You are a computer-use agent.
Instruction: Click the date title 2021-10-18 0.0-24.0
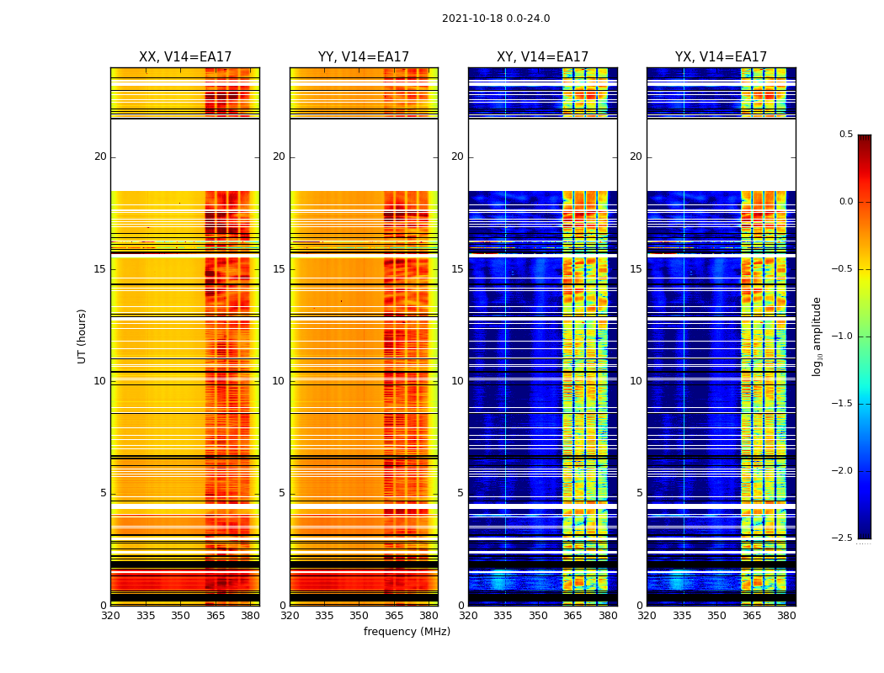click(x=496, y=19)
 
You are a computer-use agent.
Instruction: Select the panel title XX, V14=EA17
click(x=185, y=57)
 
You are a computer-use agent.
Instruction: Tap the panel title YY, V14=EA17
click(x=364, y=57)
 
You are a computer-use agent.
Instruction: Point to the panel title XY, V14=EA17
click(x=542, y=57)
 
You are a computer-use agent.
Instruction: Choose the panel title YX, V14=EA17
click(x=721, y=57)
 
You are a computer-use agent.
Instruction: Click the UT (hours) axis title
click(x=83, y=336)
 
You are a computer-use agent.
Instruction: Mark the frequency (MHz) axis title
click(x=407, y=632)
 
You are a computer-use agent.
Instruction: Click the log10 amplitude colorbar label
click(x=817, y=336)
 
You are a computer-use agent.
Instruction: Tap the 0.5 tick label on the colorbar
click(x=845, y=135)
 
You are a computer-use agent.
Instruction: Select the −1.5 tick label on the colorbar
click(x=843, y=404)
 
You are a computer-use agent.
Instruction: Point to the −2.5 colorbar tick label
click(x=843, y=538)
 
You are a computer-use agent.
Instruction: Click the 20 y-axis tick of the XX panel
click(x=100, y=156)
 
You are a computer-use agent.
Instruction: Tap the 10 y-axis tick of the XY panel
click(x=457, y=381)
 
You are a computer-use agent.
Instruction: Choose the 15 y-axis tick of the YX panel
click(x=636, y=269)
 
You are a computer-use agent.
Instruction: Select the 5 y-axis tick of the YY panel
click(x=282, y=493)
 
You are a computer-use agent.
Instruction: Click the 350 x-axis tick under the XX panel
click(x=180, y=615)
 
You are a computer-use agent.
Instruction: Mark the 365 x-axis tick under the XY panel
click(x=572, y=615)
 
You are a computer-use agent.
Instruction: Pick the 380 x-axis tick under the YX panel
click(x=786, y=615)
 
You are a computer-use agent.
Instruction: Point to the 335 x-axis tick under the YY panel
click(x=324, y=615)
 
